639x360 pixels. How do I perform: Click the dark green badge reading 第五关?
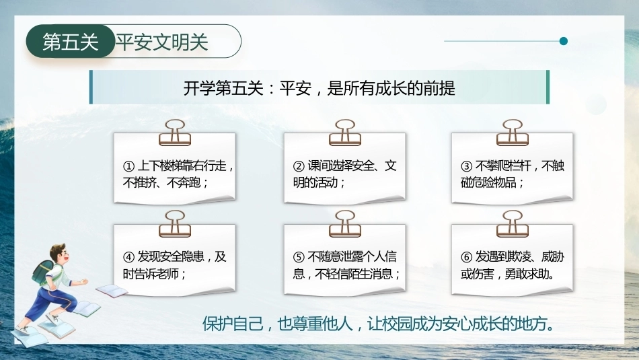point(71,41)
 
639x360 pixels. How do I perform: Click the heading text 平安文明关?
point(162,42)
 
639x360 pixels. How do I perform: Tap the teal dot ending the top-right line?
point(564,41)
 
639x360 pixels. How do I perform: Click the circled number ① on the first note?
point(128,166)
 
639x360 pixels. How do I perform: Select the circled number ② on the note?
point(299,166)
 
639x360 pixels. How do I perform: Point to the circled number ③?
point(466,166)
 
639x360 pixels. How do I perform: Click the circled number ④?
point(128,257)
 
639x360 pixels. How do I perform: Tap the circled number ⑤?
point(299,257)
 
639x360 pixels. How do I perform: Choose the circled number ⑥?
point(466,257)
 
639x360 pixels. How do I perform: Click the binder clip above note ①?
point(175,133)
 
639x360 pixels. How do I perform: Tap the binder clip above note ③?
point(513,133)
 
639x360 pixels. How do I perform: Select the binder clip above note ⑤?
point(345,224)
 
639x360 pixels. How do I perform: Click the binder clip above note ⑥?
point(513,224)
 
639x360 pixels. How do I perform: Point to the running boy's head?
point(58,254)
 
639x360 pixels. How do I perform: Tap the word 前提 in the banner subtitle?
point(439,88)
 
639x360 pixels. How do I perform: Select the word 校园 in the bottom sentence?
point(399,324)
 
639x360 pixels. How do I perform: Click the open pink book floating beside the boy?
point(112,291)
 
